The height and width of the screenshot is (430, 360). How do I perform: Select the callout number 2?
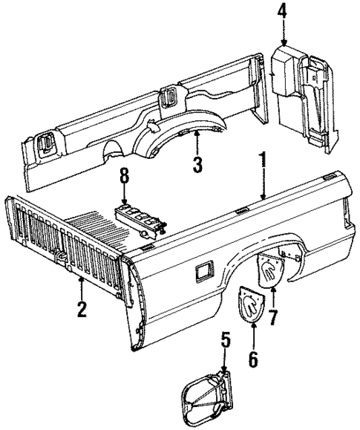[81, 307]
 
